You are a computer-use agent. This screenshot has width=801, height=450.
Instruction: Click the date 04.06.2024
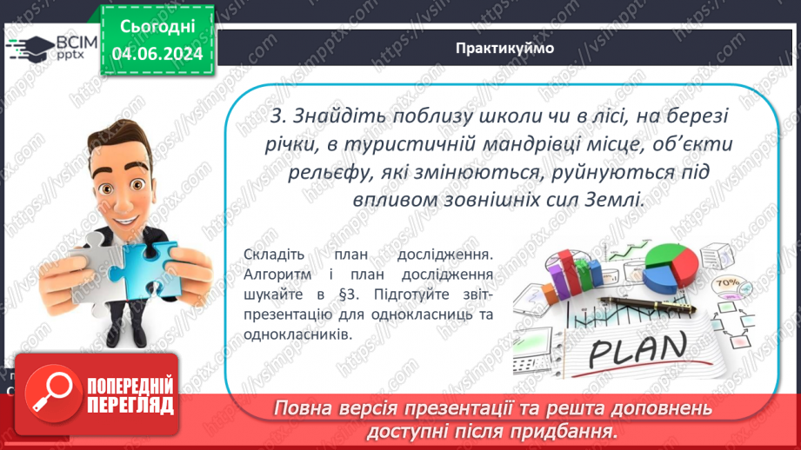(x=157, y=55)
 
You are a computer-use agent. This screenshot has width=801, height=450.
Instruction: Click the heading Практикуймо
(x=504, y=48)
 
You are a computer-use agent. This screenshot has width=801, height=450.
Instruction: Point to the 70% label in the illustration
(x=724, y=284)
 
